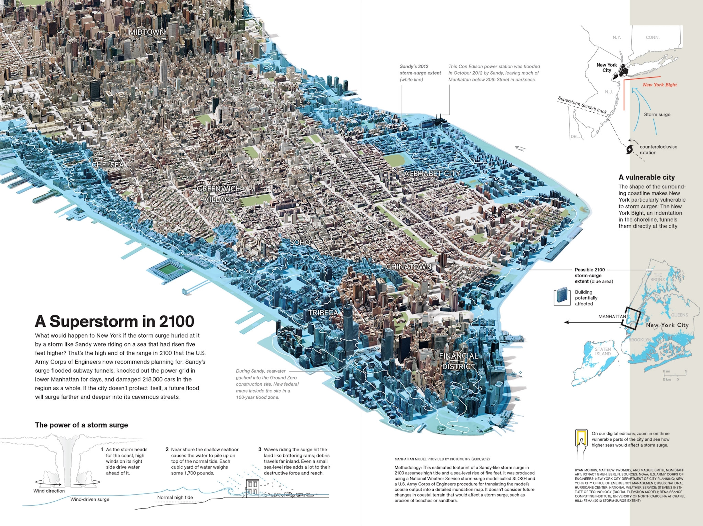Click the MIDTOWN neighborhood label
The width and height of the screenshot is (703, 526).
tap(147, 32)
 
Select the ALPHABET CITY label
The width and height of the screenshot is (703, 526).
tap(432, 173)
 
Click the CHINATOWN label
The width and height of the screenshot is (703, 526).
tap(409, 266)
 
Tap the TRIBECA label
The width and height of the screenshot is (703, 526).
tap(323, 313)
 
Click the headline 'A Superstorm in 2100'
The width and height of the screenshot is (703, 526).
tap(114, 321)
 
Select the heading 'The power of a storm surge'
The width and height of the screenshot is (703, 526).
tap(81, 425)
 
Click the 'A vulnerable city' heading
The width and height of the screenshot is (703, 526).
tap(646, 177)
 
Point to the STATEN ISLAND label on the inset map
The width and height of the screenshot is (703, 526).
tap(603, 351)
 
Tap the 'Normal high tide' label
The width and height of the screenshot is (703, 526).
tap(175, 497)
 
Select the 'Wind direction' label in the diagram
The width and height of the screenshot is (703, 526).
tap(49, 491)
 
